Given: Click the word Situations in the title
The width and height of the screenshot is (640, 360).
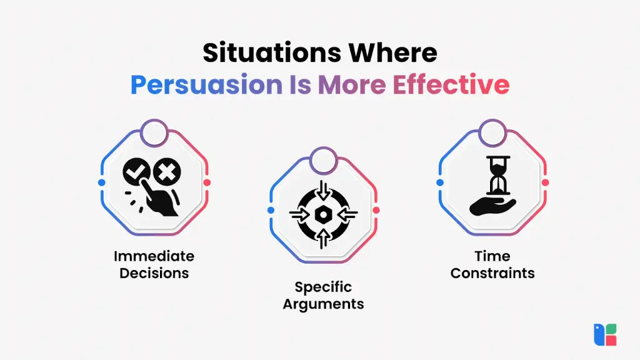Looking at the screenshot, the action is (x=272, y=52).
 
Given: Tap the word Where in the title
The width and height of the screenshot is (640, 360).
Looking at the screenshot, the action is (x=392, y=52).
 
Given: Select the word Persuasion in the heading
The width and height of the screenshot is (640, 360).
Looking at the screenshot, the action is (x=206, y=85).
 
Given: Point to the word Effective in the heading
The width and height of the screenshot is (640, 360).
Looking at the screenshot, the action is (x=451, y=84).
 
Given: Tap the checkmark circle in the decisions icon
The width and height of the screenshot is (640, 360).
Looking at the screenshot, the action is (x=136, y=171).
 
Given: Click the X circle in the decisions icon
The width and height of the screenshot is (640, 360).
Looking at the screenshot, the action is (x=167, y=171).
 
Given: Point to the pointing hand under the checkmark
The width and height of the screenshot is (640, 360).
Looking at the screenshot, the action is (x=157, y=198).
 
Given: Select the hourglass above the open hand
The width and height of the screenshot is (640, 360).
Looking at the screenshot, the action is (x=498, y=175).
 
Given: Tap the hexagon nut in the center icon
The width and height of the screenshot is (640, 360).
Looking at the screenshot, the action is (x=323, y=214).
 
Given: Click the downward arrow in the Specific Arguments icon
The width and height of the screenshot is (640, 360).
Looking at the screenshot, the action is (x=323, y=190).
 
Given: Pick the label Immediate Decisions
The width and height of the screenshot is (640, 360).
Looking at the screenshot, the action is (x=154, y=264).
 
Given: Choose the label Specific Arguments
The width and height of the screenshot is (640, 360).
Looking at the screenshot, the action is (x=323, y=296).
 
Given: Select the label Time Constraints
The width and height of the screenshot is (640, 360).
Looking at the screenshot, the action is (x=492, y=264).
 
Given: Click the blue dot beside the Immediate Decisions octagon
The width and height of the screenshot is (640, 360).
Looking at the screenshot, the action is (x=102, y=182).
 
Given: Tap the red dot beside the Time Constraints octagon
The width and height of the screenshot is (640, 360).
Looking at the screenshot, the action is (x=545, y=182).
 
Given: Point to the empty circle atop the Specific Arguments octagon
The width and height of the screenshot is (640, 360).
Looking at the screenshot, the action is (x=323, y=161).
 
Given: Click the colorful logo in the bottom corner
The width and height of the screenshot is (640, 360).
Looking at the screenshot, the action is (x=605, y=335).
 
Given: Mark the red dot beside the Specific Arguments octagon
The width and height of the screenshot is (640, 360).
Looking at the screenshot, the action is (x=376, y=210).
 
